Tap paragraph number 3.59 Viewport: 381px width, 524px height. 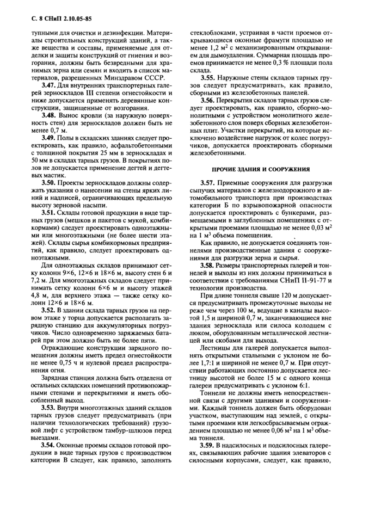(x=210, y=445)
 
